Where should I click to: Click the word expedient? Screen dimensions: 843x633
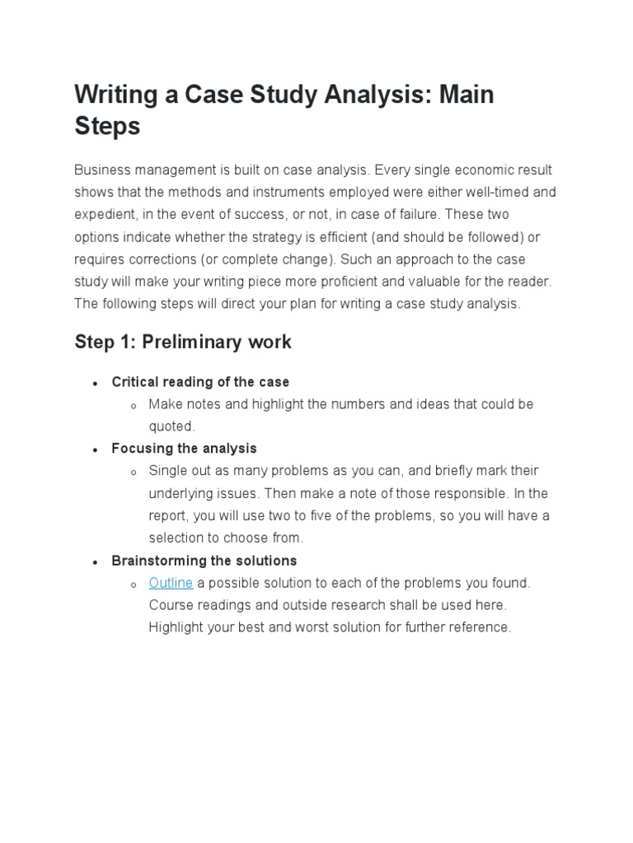click(104, 215)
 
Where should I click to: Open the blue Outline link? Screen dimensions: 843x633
click(171, 583)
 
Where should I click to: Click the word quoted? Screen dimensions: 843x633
click(171, 426)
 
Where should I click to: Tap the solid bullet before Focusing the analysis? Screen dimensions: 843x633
click(96, 450)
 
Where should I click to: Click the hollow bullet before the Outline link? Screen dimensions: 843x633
click(134, 585)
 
